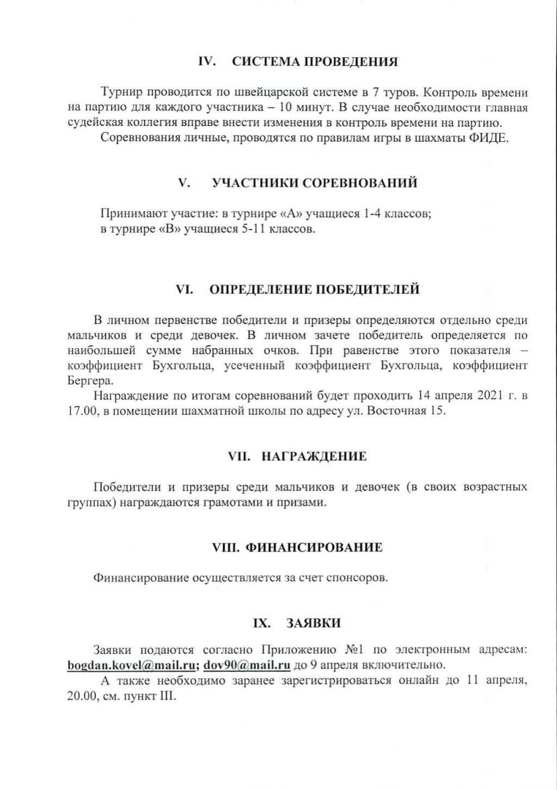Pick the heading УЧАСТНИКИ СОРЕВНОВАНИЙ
tap(314, 183)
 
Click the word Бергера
tap(88, 381)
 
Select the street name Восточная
tap(395, 411)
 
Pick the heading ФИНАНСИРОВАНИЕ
tap(315, 547)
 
